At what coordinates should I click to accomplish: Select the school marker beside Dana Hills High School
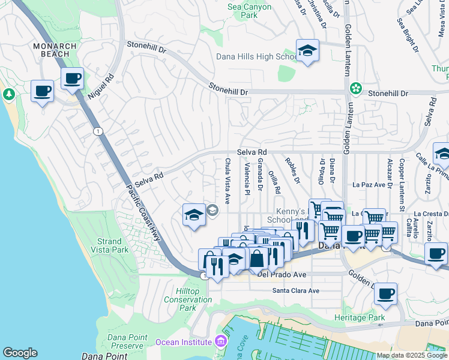coord(307,51)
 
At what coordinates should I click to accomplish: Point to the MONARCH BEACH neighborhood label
coord(55,50)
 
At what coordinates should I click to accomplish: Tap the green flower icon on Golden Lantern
coord(356,88)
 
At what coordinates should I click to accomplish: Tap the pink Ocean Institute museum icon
coord(221,341)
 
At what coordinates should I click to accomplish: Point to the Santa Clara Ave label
coord(296,290)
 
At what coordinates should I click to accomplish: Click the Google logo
coord(20,353)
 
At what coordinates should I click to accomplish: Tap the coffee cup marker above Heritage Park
coord(385,294)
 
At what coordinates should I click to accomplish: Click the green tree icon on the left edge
coord(8,94)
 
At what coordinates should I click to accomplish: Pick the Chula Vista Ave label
coord(228,180)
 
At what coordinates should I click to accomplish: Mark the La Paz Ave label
coord(369,184)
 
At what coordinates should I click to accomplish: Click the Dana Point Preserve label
coord(126,341)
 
